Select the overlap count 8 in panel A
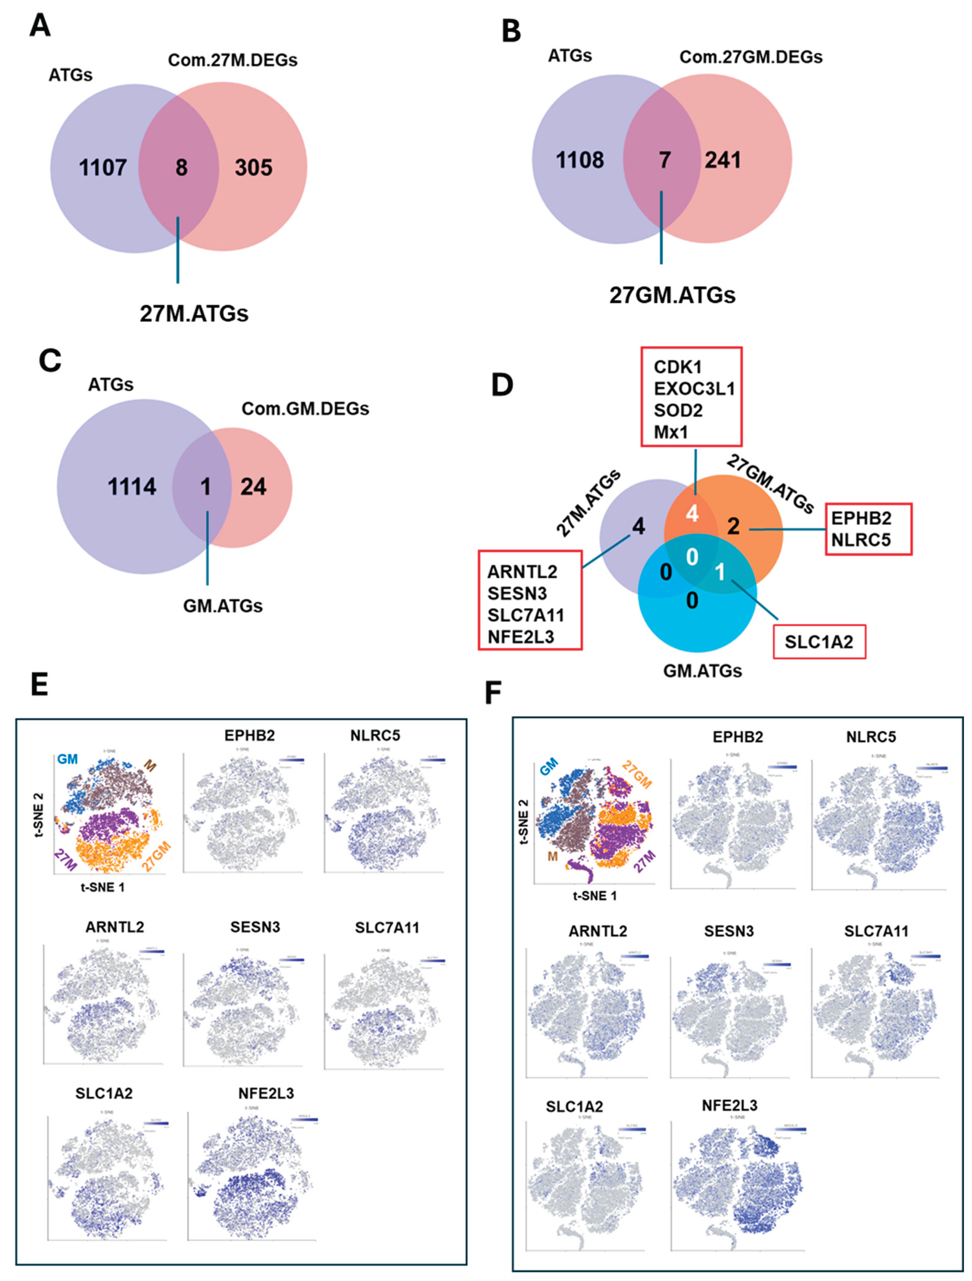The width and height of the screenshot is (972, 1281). point(181,168)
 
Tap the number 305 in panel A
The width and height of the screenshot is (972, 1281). point(253,168)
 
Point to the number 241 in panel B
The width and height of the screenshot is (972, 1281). point(722,160)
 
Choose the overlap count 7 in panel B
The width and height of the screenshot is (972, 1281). point(665,160)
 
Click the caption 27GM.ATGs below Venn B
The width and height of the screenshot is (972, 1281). point(672,295)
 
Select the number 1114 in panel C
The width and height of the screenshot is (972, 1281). point(132,487)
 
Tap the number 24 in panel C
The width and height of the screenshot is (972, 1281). point(253,487)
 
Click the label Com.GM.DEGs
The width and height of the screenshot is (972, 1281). point(305,409)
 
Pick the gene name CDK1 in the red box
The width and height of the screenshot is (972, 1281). point(677,367)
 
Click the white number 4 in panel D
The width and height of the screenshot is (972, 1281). point(692,513)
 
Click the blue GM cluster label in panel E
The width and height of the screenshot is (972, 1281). point(67,759)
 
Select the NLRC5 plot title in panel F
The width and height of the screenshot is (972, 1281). point(871,737)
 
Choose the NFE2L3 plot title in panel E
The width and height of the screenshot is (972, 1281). point(266,1093)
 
